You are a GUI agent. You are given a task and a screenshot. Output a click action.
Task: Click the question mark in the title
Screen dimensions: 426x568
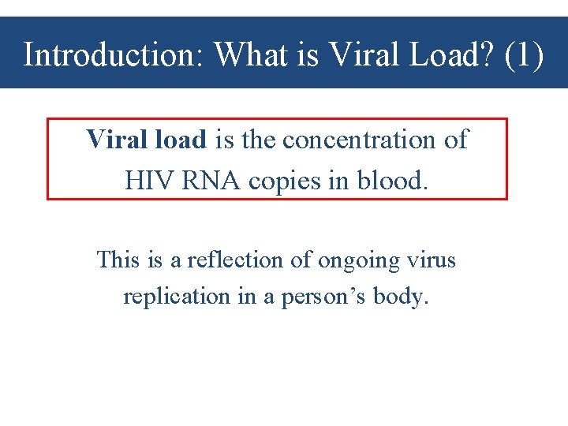click(x=489, y=55)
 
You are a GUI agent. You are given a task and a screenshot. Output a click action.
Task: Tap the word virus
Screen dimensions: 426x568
click(x=432, y=260)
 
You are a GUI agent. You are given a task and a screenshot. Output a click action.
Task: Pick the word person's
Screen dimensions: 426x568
click(x=319, y=297)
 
